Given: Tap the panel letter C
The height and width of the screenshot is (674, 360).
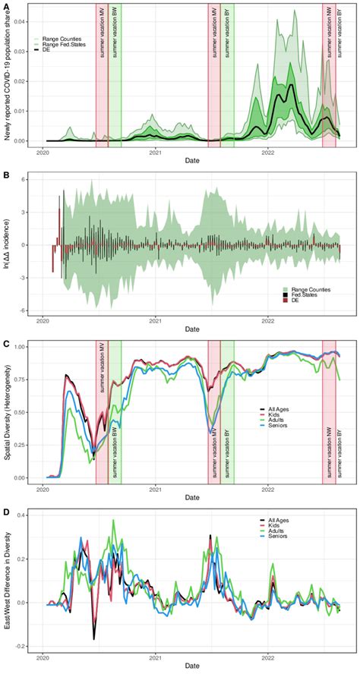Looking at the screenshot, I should tap(7, 344).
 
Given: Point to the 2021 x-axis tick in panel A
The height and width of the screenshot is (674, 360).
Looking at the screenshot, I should tap(156, 152).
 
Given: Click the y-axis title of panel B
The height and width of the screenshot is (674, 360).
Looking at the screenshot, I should tap(13, 244).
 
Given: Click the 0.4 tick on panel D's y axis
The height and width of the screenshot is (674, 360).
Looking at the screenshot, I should tap(29, 516).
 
